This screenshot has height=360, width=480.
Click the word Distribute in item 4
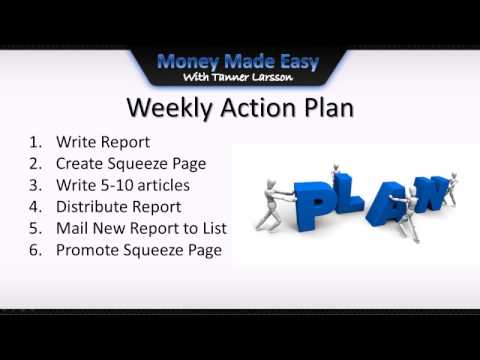[96, 207]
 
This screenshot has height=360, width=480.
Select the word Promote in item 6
[89, 250]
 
